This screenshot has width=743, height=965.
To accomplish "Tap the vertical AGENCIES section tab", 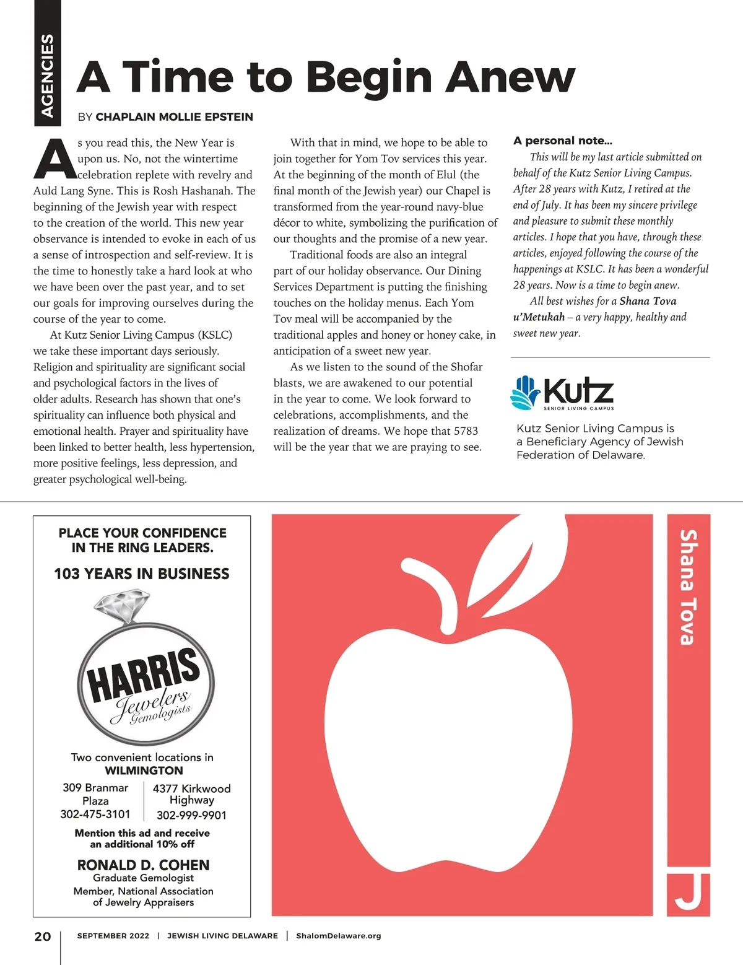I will pos(47,74).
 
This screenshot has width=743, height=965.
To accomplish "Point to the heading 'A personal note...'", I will pos(562,141).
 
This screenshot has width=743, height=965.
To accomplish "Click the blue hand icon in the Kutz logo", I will pos(524,392).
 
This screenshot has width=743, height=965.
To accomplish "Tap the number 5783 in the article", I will pos(466,431).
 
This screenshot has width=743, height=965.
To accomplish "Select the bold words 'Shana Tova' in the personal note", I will pos(648,301).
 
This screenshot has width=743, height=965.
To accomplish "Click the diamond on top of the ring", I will pos(123,604).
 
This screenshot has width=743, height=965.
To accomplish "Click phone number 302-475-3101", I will pos(95,814).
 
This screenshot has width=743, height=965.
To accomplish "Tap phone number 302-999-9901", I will pos(191,815).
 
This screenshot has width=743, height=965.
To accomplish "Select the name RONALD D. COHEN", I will pos(143,865).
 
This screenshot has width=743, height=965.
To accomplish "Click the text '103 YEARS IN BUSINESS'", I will pos(142,574).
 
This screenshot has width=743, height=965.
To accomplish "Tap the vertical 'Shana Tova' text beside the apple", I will pos(688,587).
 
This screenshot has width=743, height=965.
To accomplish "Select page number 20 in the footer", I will pos(43,936).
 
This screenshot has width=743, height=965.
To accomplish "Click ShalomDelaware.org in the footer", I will pos(338,936).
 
